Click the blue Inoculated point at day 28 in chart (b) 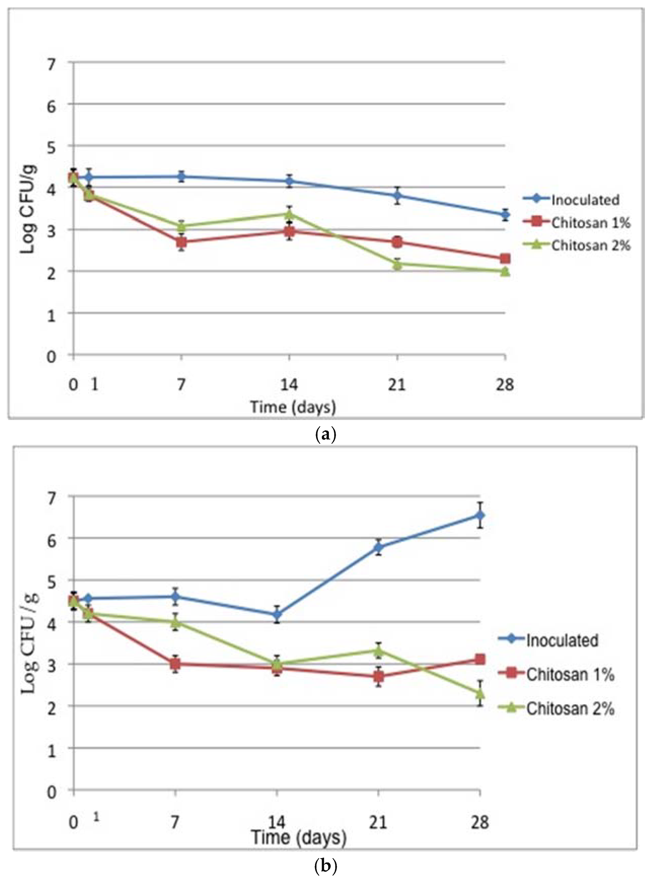480,515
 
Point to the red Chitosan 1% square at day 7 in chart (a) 182,242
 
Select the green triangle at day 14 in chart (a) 289,214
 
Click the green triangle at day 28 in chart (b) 480,693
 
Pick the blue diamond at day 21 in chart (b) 379,547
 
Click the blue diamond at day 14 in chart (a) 289,181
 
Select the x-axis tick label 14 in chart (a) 289,384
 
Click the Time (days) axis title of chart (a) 293,407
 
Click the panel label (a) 326,435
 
